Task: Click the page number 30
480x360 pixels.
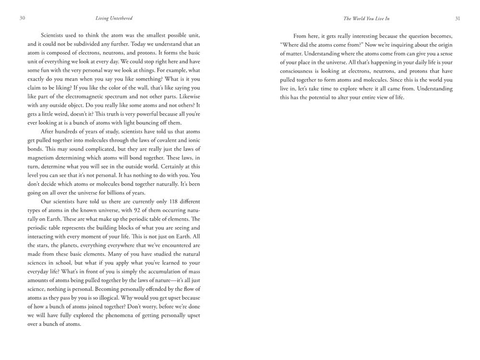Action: pyautogui.click(x=22, y=18)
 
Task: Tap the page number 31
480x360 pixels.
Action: pyautogui.click(x=457, y=18)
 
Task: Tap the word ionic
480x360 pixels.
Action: pyautogui.click(x=193, y=140)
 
